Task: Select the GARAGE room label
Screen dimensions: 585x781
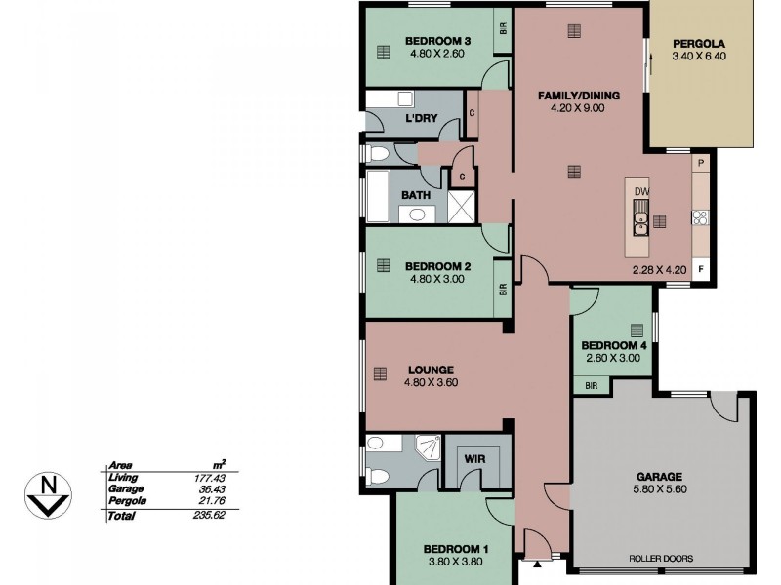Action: [x=661, y=477]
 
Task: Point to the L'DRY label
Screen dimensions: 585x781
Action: [x=421, y=119]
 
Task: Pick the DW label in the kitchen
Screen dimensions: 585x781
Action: [x=641, y=191]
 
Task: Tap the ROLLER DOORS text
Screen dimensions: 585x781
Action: [x=661, y=559]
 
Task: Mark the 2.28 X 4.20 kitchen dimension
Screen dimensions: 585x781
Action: [x=660, y=271]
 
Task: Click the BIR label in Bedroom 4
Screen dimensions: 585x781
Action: [x=591, y=386]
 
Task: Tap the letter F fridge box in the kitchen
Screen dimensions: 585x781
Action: [x=700, y=267]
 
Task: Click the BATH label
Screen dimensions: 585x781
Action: [x=417, y=195]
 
